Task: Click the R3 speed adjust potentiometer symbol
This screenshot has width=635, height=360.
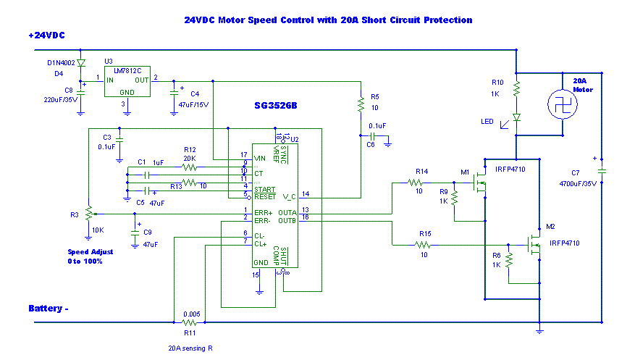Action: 88,214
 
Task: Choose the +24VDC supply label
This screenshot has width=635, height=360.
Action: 47,35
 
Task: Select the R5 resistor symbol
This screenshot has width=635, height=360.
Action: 360,106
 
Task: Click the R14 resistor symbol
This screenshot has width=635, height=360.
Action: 418,182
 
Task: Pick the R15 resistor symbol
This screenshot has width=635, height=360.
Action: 424,245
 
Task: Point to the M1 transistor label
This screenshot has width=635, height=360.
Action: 466,172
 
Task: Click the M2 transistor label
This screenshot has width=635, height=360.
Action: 550,227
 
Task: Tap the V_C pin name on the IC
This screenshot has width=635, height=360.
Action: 289,195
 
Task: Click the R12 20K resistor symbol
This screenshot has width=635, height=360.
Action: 190,167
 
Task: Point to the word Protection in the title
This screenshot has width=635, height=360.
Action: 444,20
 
